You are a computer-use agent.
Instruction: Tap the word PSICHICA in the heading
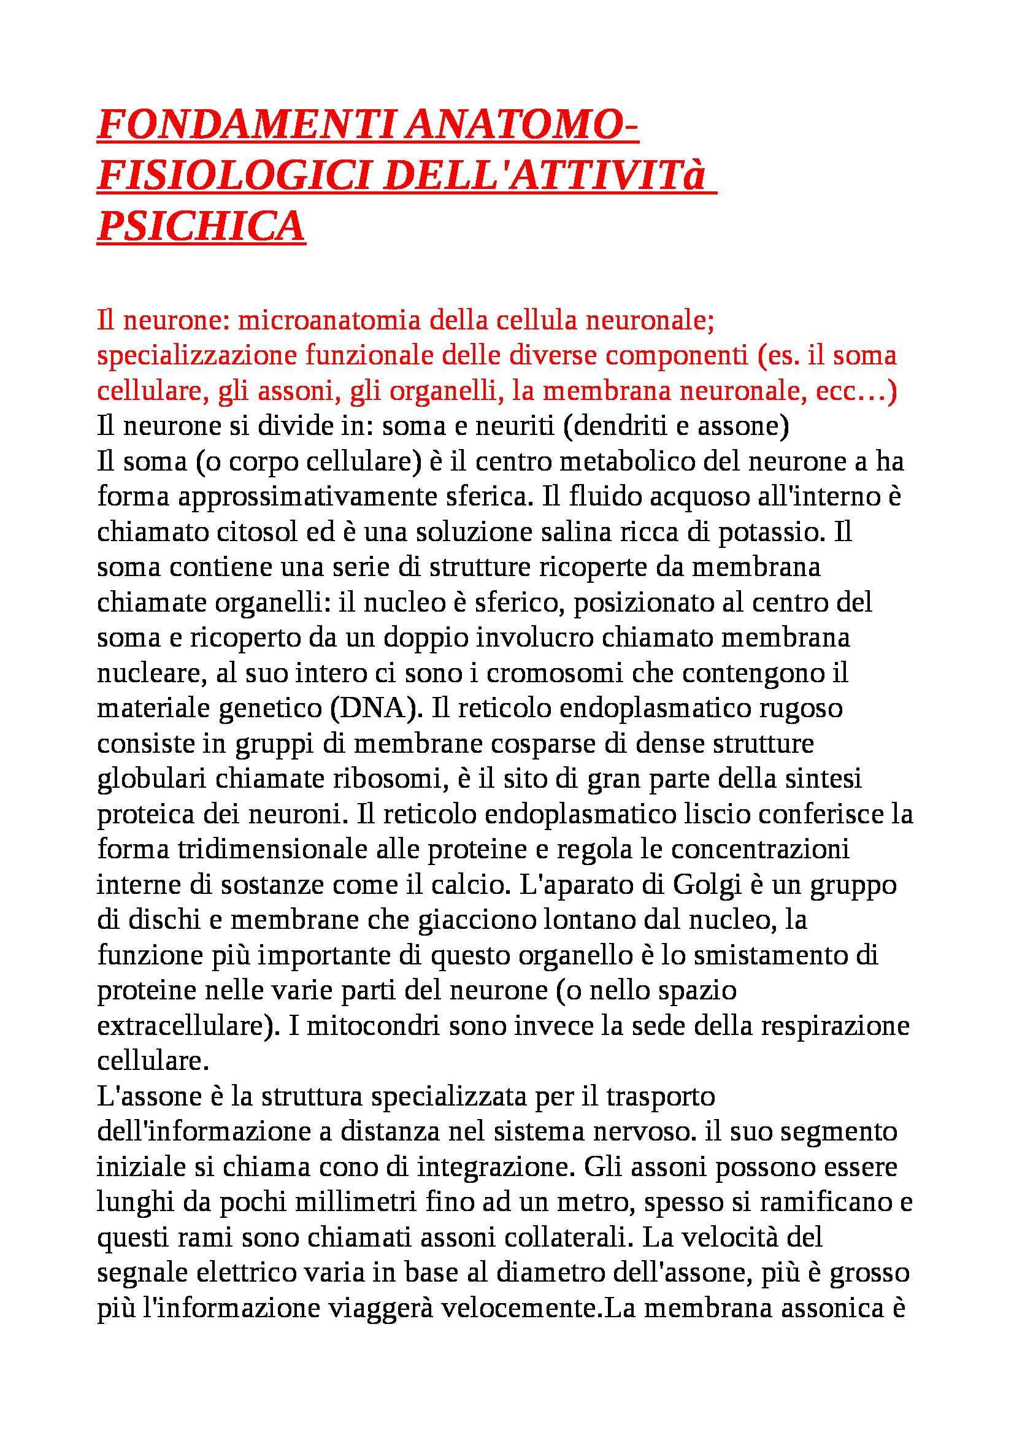click(x=201, y=226)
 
